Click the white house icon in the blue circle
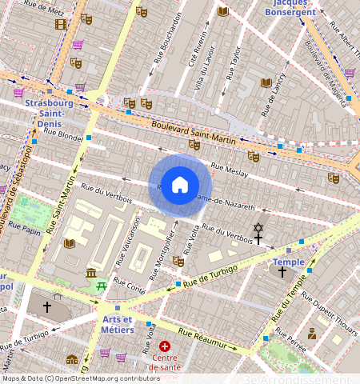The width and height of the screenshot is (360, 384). click(x=180, y=185)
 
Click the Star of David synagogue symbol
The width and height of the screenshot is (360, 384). click(x=258, y=228)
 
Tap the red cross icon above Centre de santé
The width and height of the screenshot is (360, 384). click(x=165, y=346)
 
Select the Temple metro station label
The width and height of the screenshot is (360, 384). click(x=289, y=262)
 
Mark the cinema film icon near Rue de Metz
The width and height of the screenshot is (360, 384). click(x=61, y=24)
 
